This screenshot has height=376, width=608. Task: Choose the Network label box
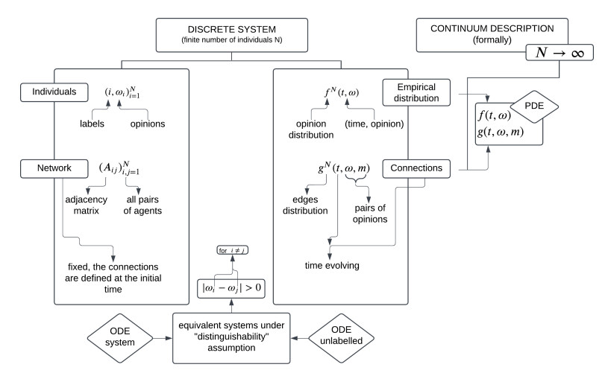click(x=46, y=169)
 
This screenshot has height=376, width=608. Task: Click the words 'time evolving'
click(x=330, y=265)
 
